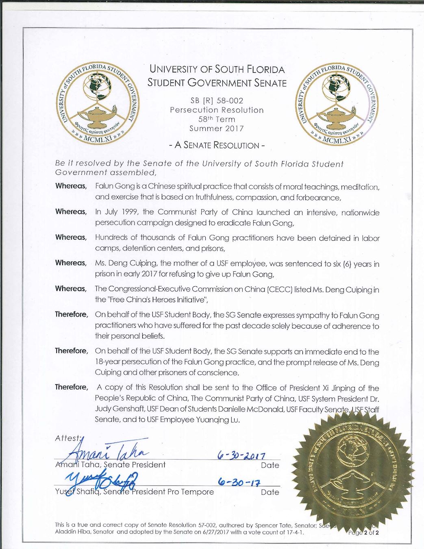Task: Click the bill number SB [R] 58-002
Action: pos(217,100)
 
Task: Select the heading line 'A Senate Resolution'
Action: pos(217,145)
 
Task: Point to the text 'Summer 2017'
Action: pos(217,129)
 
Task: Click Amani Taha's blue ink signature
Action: pos(107,451)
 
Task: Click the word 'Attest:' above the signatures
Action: pos(68,438)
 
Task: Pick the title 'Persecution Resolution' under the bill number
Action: pos(217,110)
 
